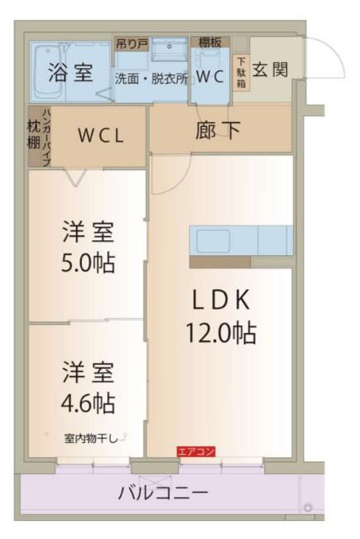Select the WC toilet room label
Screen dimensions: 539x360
[211, 76]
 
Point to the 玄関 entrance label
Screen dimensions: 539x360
[270, 70]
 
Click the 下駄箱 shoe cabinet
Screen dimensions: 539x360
[241, 72]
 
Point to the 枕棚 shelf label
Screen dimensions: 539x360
[33, 136]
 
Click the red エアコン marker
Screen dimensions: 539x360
[196, 451]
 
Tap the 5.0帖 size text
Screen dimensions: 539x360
[88, 264]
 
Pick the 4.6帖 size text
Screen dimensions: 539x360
[87, 404]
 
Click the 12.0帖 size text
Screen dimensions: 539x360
[219, 334]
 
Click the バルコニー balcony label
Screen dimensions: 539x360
[162, 493]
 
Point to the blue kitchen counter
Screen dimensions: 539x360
[241, 240]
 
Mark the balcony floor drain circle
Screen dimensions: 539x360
[307, 507]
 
